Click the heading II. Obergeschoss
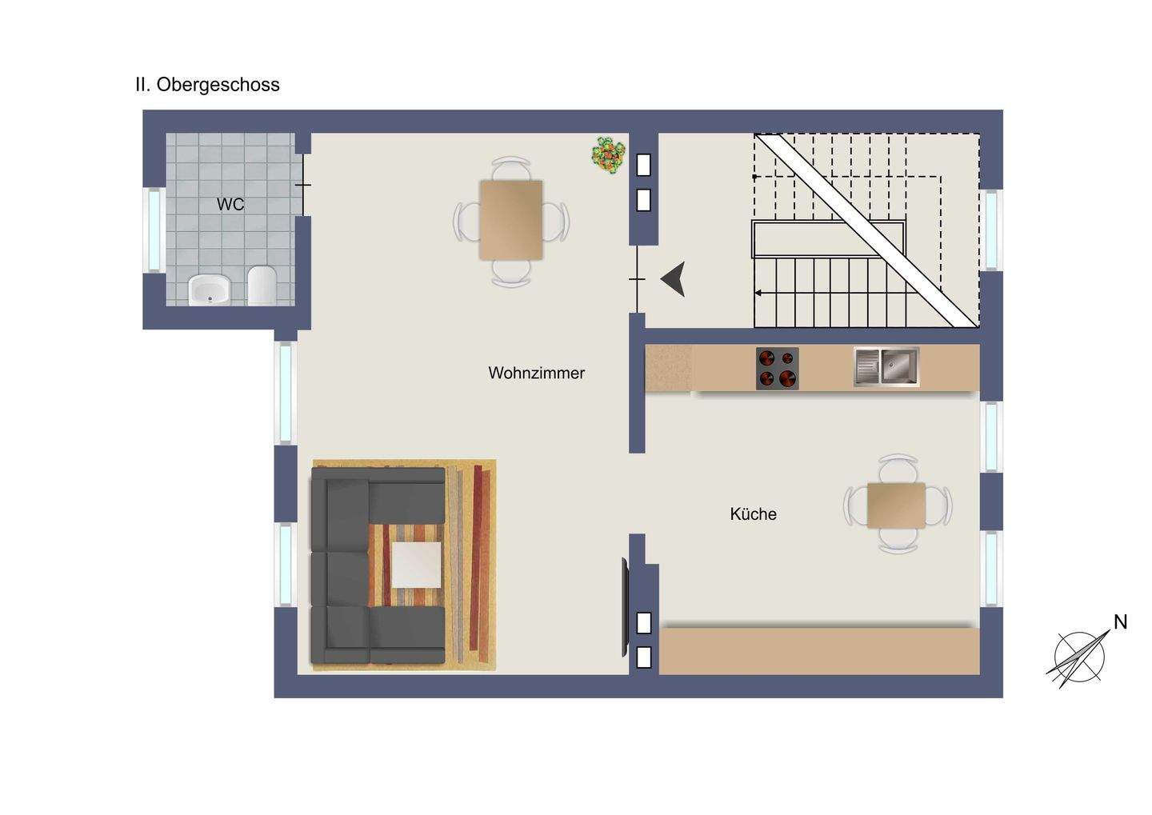click(207, 85)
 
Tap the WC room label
click(230, 205)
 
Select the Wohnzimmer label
click(536, 374)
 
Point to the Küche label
click(753, 514)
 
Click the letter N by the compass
click(1120, 622)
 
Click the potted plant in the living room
click(609, 155)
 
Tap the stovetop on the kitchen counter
click(777, 369)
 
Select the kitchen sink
click(886, 367)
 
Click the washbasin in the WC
click(210, 290)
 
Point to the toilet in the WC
click(262, 286)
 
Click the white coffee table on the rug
click(416, 565)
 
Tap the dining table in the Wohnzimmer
click(510, 220)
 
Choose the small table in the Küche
click(896, 505)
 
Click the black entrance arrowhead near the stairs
click(674, 279)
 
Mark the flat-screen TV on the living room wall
click(625, 606)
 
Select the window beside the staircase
click(991, 230)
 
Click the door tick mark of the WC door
click(302, 186)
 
